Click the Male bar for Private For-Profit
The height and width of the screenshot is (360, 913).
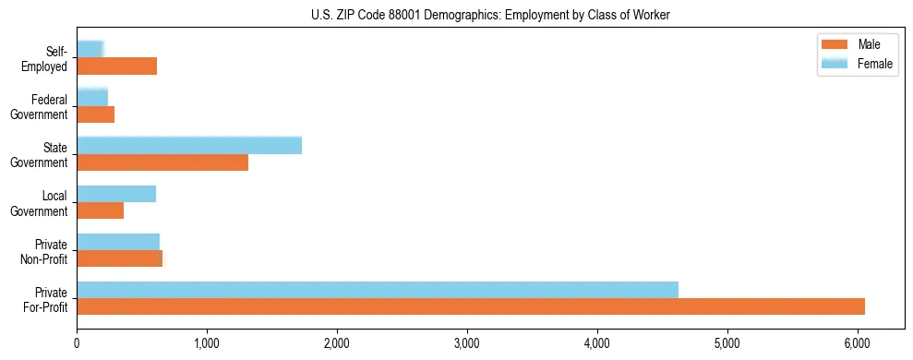[471, 306]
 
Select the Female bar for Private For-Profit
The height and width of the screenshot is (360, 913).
[378, 290]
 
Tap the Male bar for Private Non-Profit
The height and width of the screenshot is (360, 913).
[120, 258]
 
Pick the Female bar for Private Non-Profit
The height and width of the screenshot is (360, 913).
[118, 242]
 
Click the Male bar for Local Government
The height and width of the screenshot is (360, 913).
[101, 210]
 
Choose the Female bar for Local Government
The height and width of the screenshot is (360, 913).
[116, 194]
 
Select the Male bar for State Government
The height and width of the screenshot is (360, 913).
[162, 162]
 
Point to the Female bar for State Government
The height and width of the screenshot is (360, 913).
[189, 146]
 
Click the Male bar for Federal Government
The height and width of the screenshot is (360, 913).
[96, 114]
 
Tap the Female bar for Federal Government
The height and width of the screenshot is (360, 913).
[92, 98]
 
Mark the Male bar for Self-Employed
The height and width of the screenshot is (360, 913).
[117, 66]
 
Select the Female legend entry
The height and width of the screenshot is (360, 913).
[858, 63]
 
